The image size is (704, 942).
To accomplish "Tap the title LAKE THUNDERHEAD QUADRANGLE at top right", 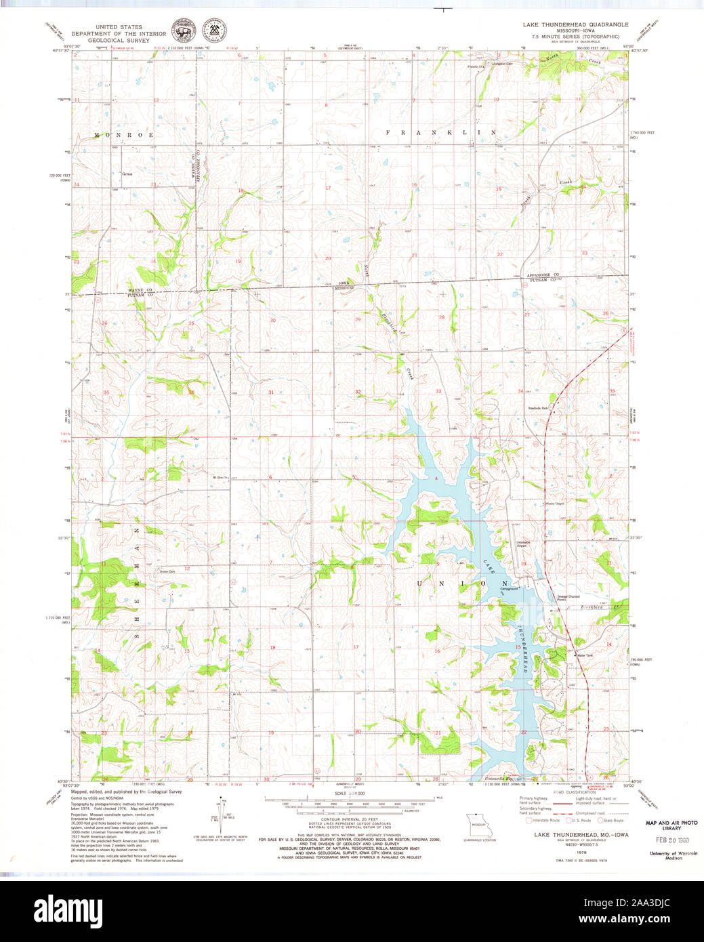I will [x=575, y=24].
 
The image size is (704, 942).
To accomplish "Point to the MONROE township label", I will [x=124, y=135].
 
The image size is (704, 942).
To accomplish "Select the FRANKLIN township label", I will [x=441, y=133].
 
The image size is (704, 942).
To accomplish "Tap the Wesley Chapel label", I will [x=555, y=504].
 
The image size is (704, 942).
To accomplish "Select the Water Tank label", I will [x=584, y=655].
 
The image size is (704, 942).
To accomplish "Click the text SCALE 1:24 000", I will [x=350, y=793].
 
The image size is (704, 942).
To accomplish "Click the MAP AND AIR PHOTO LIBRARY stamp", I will [x=671, y=825].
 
